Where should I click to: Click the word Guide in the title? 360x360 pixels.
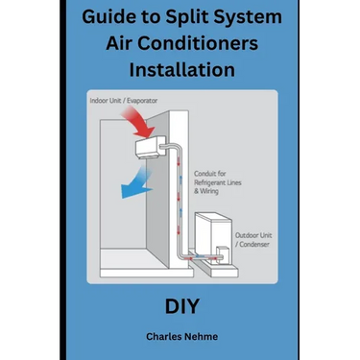click(x=104, y=17)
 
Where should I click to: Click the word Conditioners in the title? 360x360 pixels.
click(x=198, y=43)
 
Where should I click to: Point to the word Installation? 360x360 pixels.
click(x=182, y=69)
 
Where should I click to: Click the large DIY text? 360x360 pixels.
click(x=182, y=306)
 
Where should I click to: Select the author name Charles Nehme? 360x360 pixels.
click(x=182, y=336)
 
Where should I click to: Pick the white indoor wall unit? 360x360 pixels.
click(x=151, y=147)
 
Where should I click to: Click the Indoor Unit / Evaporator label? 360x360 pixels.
click(x=124, y=101)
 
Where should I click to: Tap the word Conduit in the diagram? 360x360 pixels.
click(x=204, y=174)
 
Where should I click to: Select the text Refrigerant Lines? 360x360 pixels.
click(x=218, y=182)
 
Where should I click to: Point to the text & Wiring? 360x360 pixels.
click(x=206, y=191)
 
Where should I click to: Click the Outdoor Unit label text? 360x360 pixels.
click(x=253, y=235)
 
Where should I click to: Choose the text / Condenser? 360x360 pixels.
click(x=252, y=244)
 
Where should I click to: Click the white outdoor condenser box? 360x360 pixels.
click(x=213, y=237)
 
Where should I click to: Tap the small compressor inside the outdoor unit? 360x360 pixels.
click(x=222, y=254)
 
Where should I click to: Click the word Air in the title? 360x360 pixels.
click(x=119, y=43)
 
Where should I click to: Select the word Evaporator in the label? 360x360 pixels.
click(x=142, y=101)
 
